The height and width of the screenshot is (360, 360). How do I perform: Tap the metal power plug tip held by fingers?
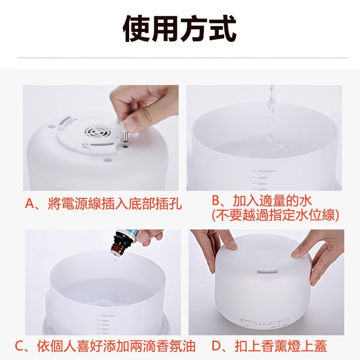click(125, 136)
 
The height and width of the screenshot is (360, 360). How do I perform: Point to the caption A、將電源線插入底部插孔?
click(103, 205)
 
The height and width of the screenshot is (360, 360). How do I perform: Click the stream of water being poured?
click(270, 117)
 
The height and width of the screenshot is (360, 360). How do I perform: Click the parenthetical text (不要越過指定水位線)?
click(275, 215)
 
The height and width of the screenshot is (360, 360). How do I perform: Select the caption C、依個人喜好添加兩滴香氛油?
click(105, 346)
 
